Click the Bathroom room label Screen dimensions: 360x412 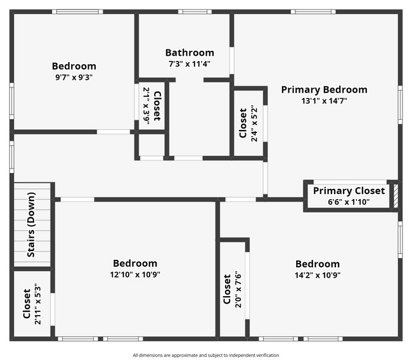click(190, 53)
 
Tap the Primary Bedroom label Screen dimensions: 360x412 click(324, 89)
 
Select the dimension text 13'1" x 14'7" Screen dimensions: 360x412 click(324, 101)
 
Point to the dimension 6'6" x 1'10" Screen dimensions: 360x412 click(349, 202)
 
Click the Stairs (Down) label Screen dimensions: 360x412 click(31, 224)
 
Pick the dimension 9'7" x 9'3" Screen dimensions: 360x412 click(74, 77)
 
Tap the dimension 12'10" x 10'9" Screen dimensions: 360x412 click(135, 275)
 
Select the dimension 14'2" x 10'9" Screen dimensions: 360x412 click(317, 275)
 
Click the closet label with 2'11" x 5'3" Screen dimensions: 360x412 click(27, 304)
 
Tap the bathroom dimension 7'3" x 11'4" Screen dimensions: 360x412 click(190, 64)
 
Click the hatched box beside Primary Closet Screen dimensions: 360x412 click(396, 195)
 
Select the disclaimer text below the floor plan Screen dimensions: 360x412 click(206, 355)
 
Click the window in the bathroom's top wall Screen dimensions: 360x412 click(195, 11)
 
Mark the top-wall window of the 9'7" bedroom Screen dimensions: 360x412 click(77, 11)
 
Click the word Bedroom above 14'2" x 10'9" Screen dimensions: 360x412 click(317, 264)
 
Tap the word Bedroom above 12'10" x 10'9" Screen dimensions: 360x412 click(135, 264)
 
